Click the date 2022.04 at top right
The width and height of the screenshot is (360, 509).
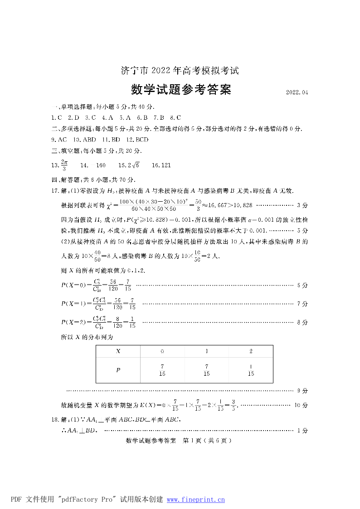tap(297, 92)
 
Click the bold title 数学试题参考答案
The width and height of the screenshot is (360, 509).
tap(181, 90)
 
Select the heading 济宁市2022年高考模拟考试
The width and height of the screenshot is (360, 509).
tap(180, 71)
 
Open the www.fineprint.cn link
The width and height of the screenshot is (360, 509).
tap(196, 499)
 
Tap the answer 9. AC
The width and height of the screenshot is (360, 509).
tap(59, 140)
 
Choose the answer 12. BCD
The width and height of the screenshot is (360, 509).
tap(138, 140)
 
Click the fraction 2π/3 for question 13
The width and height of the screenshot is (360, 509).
tap(64, 165)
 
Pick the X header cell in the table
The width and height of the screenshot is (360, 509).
tap(118, 351)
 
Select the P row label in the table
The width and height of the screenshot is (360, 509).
tap(118, 370)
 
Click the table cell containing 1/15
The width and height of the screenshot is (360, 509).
tap(251, 370)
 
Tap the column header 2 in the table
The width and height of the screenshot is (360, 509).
tap(251, 351)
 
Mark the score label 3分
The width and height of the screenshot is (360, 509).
tap(302, 205)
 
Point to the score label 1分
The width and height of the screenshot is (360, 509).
tap(302, 430)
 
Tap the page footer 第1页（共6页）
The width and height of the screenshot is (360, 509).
tap(206, 441)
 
